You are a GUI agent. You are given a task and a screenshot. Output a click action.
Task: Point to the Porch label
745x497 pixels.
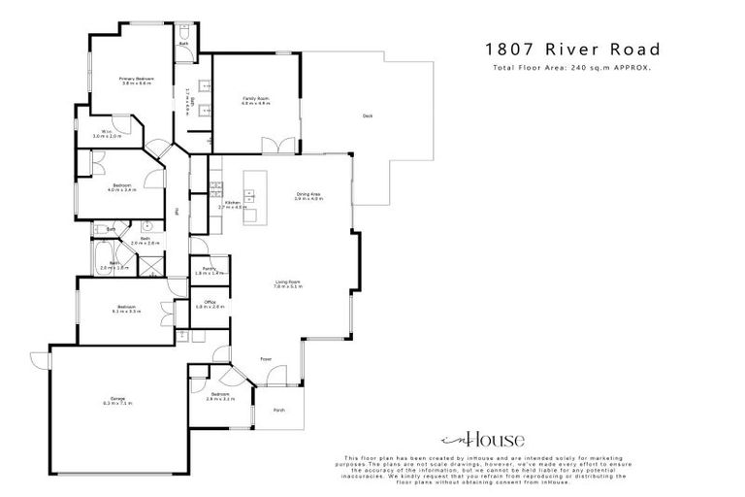[x=279, y=409]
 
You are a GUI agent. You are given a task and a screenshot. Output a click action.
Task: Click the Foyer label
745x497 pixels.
[x=266, y=359]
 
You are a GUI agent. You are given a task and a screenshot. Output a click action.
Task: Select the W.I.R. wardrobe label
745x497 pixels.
[x=107, y=134]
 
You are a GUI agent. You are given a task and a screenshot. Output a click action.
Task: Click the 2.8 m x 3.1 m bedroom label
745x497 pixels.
[x=220, y=396]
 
